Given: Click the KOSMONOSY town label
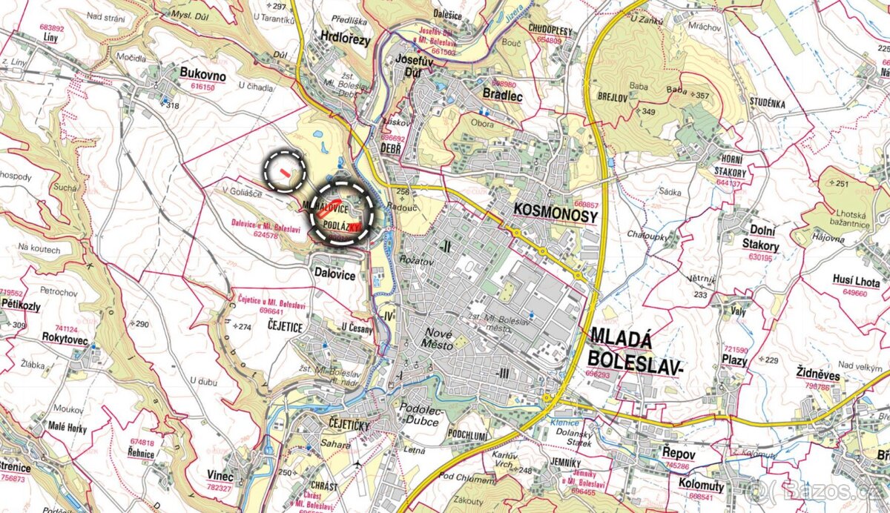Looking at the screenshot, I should (556, 215).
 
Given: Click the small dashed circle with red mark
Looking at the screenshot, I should (286, 170).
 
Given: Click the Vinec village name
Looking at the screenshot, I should (221, 475).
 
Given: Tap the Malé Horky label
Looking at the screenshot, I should (66, 428).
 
